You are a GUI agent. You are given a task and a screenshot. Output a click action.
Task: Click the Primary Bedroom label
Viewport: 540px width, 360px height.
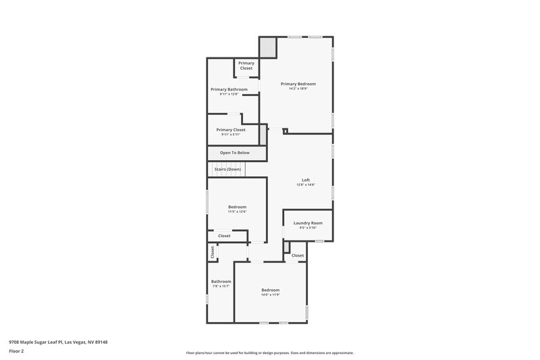click(x=298, y=84)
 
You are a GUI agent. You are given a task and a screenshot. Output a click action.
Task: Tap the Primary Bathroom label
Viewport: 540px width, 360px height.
click(x=229, y=89)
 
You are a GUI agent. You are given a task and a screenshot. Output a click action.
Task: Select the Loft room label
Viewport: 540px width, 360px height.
click(x=306, y=180)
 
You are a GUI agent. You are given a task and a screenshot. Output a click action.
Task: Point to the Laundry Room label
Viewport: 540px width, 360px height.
click(x=308, y=223)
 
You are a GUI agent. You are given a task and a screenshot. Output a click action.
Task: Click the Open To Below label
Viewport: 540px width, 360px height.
click(x=234, y=153)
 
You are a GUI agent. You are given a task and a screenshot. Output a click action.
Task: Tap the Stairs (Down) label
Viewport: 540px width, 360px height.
click(x=227, y=169)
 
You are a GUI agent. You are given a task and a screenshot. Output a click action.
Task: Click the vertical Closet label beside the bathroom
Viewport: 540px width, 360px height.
click(x=213, y=252)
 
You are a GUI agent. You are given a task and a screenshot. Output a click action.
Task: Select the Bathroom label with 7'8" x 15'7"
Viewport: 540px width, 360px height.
click(x=221, y=282)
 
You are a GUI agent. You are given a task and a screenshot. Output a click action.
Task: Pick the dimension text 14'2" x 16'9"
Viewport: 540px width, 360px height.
click(x=298, y=89)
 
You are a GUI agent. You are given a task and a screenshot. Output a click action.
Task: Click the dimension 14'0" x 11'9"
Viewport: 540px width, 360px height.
click(x=271, y=295)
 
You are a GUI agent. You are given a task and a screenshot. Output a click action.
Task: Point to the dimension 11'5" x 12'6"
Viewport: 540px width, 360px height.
click(x=237, y=212)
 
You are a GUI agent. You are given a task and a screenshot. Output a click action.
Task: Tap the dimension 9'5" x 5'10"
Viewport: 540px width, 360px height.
click(x=308, y=228)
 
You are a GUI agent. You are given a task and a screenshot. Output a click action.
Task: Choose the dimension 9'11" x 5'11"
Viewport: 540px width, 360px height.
click(x=231, y=134)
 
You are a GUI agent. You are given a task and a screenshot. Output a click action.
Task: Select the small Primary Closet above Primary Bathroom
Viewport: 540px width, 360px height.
click(x=246, y=66)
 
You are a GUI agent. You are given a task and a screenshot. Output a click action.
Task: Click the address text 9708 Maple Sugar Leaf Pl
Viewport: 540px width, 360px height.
click(x=58, y=342)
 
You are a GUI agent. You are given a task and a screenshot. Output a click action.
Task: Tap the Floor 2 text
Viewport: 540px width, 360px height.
click(x=16, y=351)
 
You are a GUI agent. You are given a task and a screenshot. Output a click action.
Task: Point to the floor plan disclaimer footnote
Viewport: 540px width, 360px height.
click(x=270, y=353)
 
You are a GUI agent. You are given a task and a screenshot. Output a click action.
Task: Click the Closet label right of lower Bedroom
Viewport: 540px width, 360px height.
click(x=298, y=255)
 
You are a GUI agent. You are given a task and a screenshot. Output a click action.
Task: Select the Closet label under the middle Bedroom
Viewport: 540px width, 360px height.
click(x=224, y=236)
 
